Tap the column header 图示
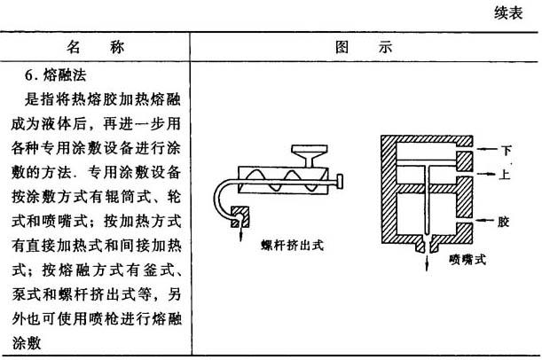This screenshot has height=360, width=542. (362, 46)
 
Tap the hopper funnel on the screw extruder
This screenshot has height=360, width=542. (308, 158)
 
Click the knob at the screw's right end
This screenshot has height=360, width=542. (342, 184)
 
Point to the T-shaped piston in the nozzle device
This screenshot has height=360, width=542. (426, 173)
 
